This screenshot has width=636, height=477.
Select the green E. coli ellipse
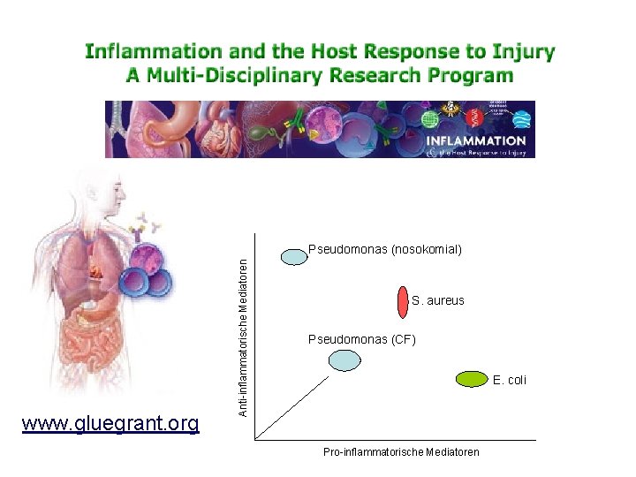pos(473,379)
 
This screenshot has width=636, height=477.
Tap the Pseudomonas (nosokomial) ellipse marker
pos(293,256)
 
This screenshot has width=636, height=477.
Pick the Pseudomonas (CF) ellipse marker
pos(344,360)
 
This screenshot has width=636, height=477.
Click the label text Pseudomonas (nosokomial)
pos(384,250)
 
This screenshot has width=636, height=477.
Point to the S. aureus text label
pos(437,301)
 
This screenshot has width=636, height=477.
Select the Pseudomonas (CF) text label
pos(361,339)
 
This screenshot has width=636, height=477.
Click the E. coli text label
pos(510,380)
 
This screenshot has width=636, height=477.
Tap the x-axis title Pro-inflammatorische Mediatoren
pos(401,452)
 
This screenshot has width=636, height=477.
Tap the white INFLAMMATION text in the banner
pos(476,140)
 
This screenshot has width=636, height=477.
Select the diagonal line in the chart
pos(291,406)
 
